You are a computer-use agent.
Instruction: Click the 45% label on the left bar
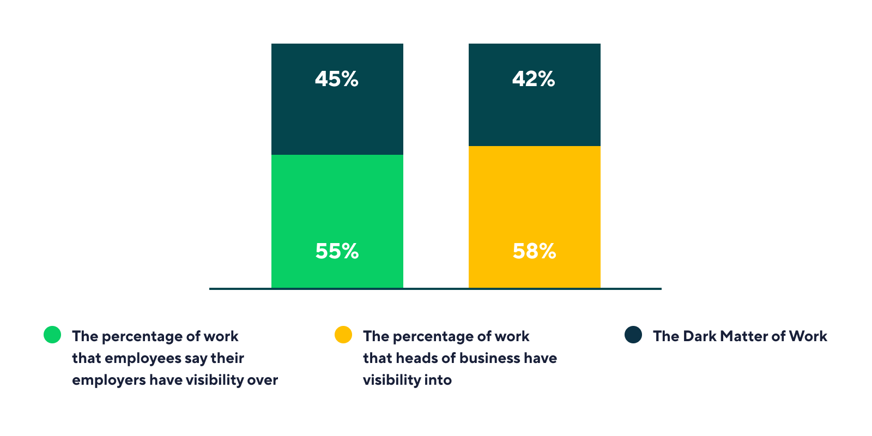(x=337, y=79)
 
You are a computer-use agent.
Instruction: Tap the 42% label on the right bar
(x=534, y=79)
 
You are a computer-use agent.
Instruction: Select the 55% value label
(x=337, y=251)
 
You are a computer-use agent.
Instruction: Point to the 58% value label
(x=535, y=251)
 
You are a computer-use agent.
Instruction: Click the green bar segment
(x=337, y=221)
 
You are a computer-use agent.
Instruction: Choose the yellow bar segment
(x=535, y=217)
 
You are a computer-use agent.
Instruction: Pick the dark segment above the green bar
(x=337, y=99)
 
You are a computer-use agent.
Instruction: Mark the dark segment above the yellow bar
(x=535, y=95)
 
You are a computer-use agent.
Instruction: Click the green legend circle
(x=52, y=335)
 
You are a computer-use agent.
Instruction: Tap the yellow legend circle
(x=343, y=335)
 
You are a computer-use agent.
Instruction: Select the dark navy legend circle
(x=633, y=335)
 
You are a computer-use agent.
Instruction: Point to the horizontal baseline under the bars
(x=435, y=289)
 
